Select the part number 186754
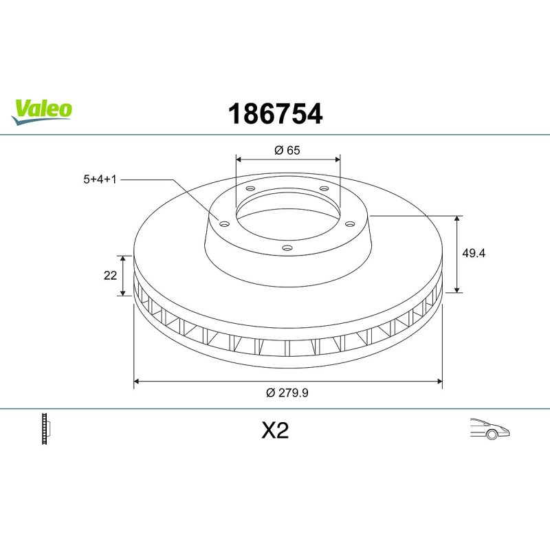[x=274, y=114]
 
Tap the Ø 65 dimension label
[x=287, y=151]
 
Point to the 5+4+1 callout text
[x=100, y=179]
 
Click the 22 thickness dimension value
[x=109, y=276]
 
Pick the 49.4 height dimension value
[x=474, y=253]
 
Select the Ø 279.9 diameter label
[x=287, y=392]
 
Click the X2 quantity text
[x=275, y=431]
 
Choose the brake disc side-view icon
[x=47, y=429]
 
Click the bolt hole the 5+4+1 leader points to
[x=223, y=222]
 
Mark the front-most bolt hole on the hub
[x=288, y=248]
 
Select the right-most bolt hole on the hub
[x=349, y=223]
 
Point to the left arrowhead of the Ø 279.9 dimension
[x=137, y=379]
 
